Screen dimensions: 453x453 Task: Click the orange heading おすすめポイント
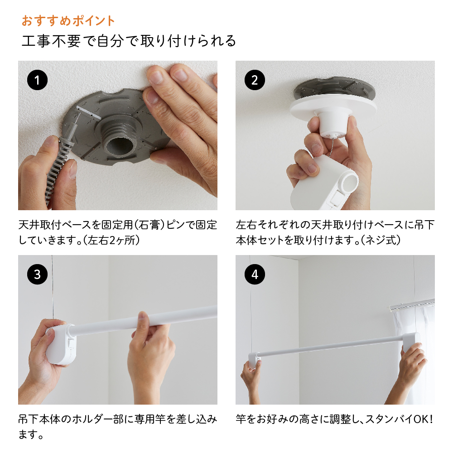[x=68, y=21]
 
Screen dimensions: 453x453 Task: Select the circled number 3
[x=37, y=275]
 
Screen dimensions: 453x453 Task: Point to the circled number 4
[x=255, y=275]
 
